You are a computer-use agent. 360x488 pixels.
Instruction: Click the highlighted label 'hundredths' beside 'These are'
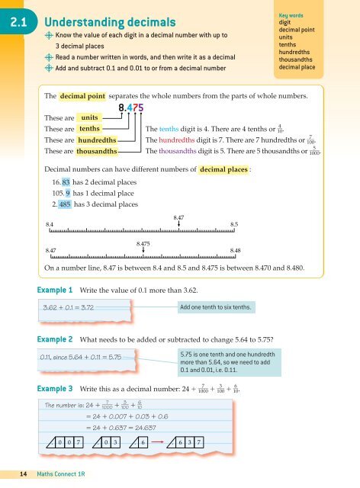pos(97,141)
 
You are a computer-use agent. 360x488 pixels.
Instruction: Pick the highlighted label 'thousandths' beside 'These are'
pos(98,152)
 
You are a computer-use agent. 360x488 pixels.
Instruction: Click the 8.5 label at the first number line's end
pos(234,223)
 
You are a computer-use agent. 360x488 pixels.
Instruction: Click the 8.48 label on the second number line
pos(234,249)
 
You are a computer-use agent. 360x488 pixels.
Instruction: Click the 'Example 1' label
pos(56,291)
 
